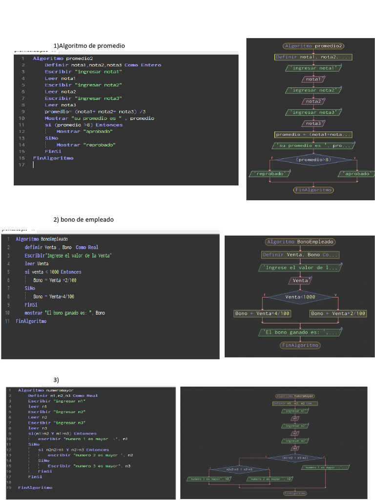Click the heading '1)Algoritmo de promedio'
point(89,46)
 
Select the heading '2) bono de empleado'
point(83,220)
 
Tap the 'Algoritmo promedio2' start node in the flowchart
point(313,46)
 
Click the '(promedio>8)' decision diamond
point(313,159)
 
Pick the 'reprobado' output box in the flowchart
point(270,173)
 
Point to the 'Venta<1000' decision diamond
point(300,297)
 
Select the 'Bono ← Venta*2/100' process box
point(338,313)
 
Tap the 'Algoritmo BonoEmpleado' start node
point(300,242)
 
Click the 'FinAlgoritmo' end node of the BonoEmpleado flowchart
point(300,345)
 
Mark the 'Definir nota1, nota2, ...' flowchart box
point(313,57)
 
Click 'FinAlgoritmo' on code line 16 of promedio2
point(53,158)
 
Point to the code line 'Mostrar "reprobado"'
point(86,145)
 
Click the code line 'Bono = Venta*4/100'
point(54,296)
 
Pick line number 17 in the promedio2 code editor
point(21,165)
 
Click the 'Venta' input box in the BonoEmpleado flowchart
point(300,281)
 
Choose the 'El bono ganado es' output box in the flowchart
point(300,333)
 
